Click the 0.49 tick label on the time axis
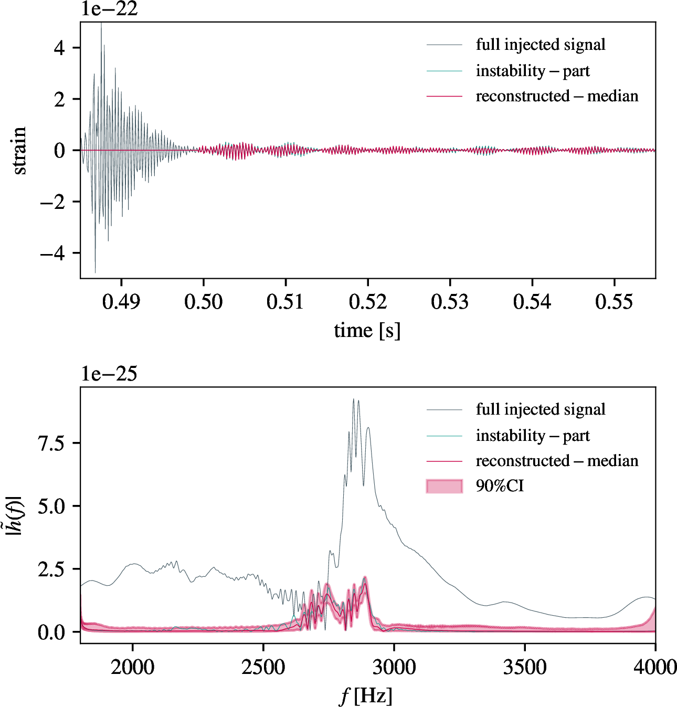click(121, 302)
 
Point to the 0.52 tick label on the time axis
click(368, 302)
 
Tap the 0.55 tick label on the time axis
click(615, 302)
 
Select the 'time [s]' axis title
click(367, 331)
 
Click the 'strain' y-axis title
click(19, 151)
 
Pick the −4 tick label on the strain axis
click(53, 254)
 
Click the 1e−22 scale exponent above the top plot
click(109, 9)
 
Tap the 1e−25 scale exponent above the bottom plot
click(109, 374)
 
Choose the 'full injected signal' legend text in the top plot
click(541, 45)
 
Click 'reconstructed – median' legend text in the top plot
click(557, 96)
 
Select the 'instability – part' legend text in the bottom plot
click(533, 436)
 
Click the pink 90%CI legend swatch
click(445, 486)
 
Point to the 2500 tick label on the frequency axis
click(263, 668)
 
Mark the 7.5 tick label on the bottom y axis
click(51, 444)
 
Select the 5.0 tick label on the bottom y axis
click(51, 506)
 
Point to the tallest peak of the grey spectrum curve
click(354, 399)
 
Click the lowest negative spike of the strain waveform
click(95, 272)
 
